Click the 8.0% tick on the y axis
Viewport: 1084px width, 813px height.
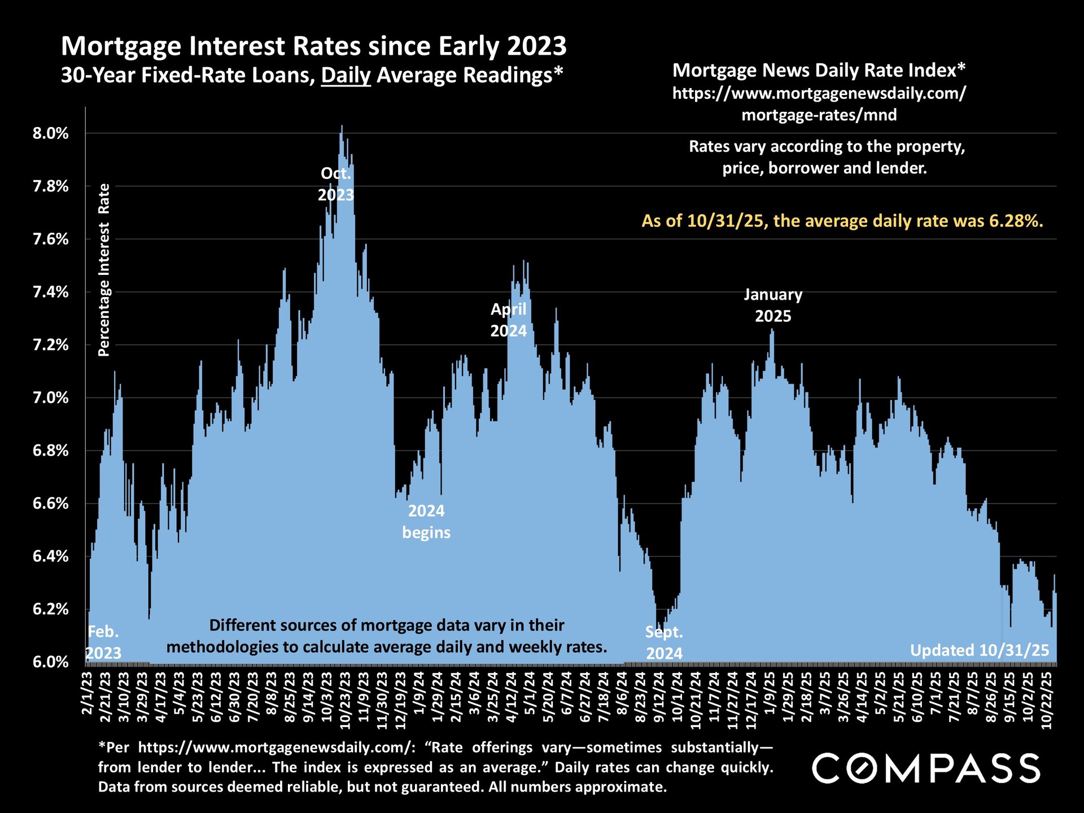(51, 134)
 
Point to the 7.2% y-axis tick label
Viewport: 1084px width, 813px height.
(51, 345)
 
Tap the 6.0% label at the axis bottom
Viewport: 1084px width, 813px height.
(51, 662)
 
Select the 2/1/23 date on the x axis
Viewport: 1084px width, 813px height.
(88, 693)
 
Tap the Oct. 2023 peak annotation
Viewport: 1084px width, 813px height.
(336, 184)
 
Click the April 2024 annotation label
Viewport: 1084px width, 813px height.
(508, 320)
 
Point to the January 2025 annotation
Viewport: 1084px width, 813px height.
(773, 305)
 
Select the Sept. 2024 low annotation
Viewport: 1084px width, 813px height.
(664, 642)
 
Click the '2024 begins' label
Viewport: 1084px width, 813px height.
(426, 522)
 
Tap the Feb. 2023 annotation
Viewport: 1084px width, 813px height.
(104, 642)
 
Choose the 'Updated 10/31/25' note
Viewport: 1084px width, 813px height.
(980, 650)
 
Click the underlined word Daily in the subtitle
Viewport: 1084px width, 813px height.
(346, 75)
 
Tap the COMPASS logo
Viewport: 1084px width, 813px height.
(926, 768)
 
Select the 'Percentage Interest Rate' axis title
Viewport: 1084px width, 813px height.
(104, 270)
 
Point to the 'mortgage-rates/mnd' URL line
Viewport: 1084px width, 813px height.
(819, 115)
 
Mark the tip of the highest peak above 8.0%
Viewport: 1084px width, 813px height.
(342, 126)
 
